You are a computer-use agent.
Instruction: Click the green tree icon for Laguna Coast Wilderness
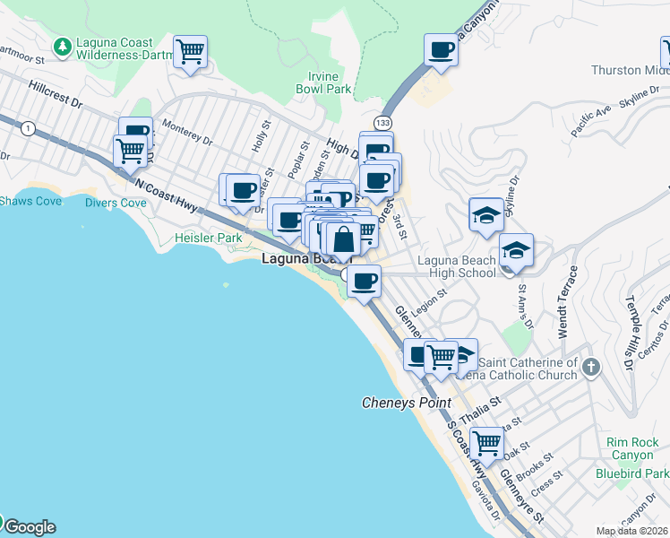(x=63, y=45)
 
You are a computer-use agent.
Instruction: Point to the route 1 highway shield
(x=30, y=128)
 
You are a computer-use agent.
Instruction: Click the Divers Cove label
(x=116, y=203)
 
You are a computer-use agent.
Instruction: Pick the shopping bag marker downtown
(x=343, y=239)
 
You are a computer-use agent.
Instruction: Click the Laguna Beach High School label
(x=457, y=266)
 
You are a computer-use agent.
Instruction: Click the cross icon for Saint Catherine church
(x=589, y=368)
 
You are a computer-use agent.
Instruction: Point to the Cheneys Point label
(x=406, y=403)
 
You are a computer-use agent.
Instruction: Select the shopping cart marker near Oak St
(x=486, y=442)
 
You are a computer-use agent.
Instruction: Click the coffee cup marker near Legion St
(x=363, y=282)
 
